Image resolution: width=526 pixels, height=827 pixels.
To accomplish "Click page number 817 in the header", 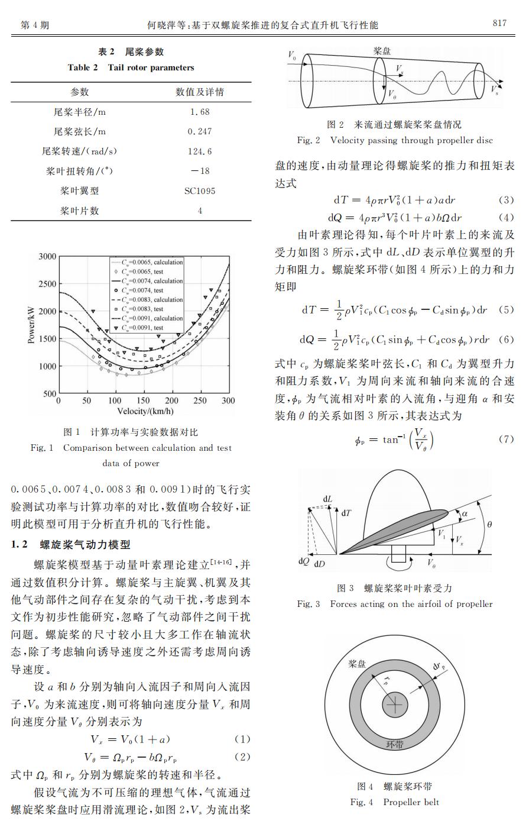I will (499, 23).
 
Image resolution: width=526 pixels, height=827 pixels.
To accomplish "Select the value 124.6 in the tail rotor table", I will (200, 151).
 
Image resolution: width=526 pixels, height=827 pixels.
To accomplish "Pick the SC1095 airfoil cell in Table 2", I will (200, 190).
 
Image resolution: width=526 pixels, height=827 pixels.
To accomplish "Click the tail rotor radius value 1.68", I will (200, 111).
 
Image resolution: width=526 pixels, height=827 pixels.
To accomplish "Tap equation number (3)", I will (506, 200).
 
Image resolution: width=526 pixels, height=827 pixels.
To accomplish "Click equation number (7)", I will (506, 440).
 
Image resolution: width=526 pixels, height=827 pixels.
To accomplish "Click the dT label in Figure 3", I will (346, 513).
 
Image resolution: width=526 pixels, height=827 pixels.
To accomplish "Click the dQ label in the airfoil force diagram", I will (304, 561).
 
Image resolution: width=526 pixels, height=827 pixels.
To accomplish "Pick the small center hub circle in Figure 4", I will (395, 704).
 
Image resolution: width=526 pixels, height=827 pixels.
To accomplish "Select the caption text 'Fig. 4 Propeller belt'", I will (394, 802).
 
